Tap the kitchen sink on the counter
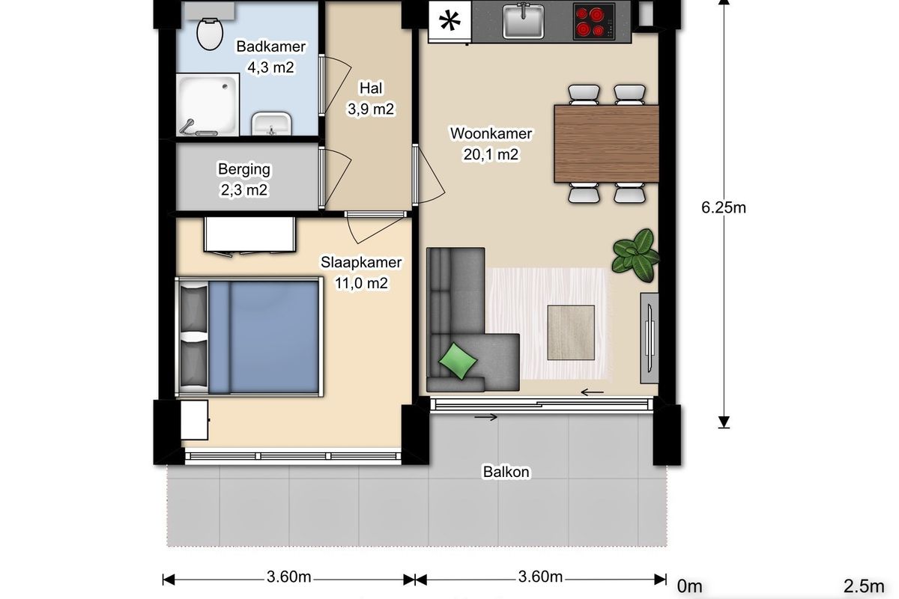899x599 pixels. click(523, 21)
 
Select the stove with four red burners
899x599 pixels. click(594, 22)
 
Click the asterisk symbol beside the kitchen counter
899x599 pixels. click(450, 21)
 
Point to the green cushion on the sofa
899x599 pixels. click(458, 361)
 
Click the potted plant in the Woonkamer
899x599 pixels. click(635, 255)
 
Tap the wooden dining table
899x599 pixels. click(606, 144)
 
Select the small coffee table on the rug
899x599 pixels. click(571, 332)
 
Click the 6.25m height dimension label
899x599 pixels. click(723, 207)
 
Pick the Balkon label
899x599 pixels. click(506, 472)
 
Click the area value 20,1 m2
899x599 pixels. click(491, 154)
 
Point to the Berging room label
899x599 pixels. click(244, 169)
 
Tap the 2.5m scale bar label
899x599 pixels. click(864, 586)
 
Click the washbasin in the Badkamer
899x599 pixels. click(271, 124)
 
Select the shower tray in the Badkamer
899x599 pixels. click(208, 105)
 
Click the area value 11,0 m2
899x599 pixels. click(361, 283)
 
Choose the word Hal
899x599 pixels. click(371, 88)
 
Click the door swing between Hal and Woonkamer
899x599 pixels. click(429, 175)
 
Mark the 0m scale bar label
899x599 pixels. click(689, 586)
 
